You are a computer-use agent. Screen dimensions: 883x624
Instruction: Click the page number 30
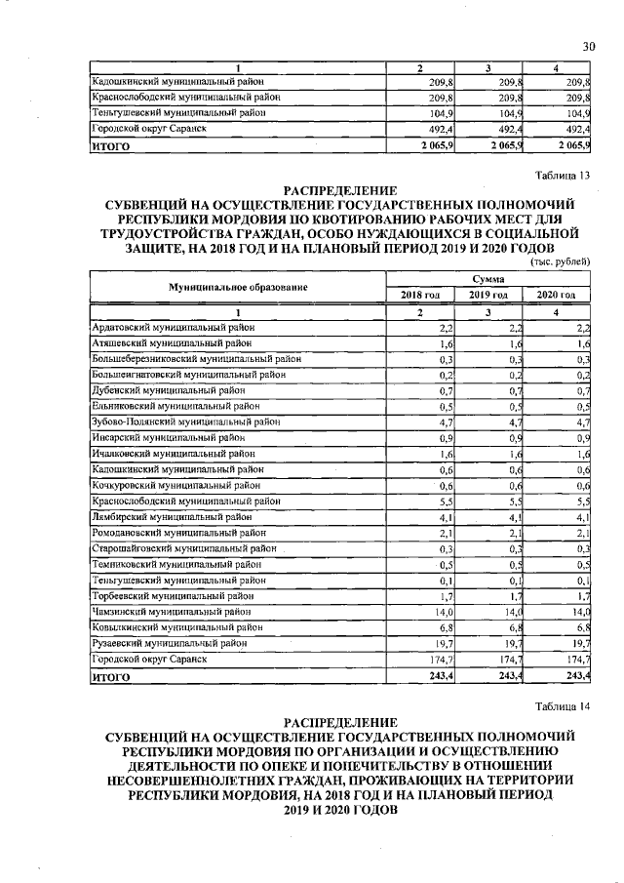588,46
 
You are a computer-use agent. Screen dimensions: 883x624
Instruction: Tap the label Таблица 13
564,175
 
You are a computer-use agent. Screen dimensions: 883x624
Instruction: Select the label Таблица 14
564,705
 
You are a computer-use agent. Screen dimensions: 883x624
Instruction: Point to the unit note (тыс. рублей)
561,261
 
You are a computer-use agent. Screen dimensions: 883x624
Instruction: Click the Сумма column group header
488,278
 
